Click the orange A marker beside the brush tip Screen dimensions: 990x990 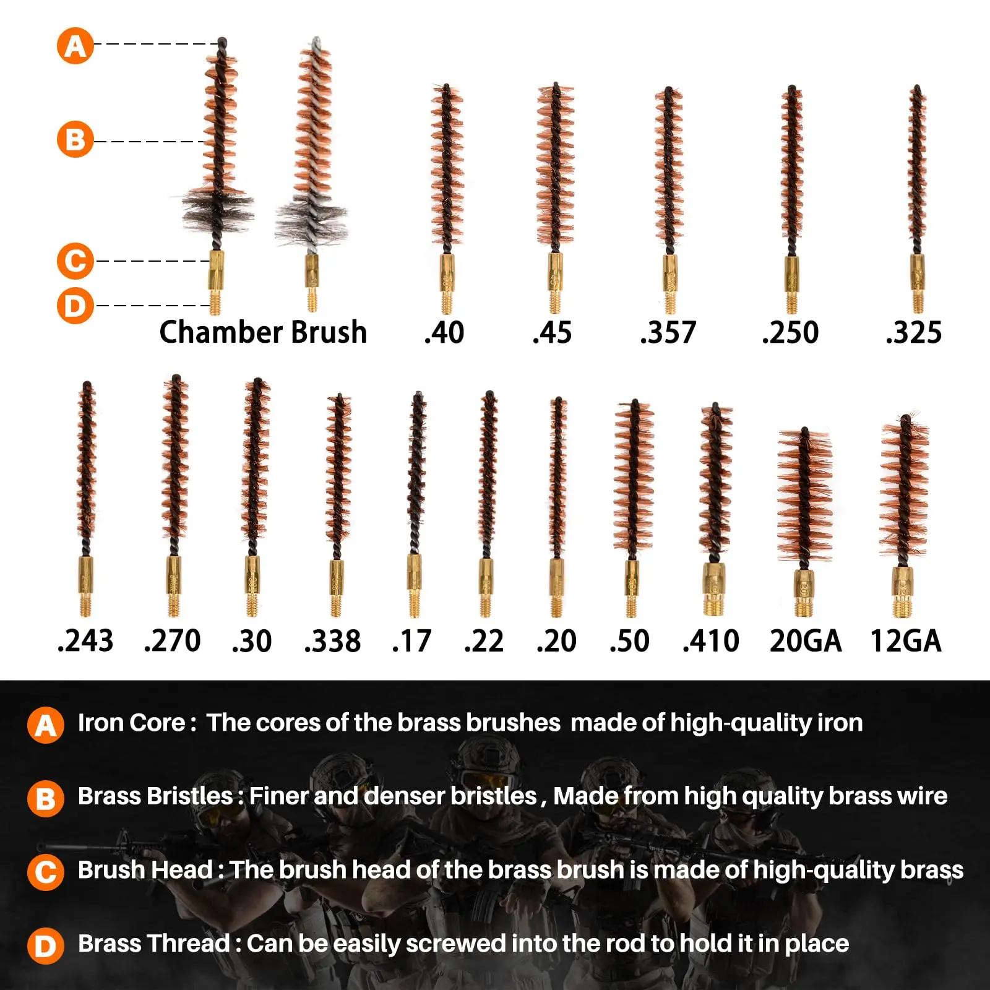[x=75, y=46]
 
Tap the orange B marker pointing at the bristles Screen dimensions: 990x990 [x=75, y=139]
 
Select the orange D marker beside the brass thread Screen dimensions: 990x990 [x=75, y=306]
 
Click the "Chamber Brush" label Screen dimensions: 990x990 [x=263, y=332]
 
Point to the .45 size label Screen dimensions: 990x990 [x=552, y=333]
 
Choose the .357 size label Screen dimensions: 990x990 [x=668, y=333]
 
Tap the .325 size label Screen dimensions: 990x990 [x=913, y=333]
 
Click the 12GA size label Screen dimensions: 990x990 [x=906, y=641]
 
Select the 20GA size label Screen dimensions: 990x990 [x=806, y=641]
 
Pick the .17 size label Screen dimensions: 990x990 [x=411, y=641]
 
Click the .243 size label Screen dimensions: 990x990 [x=85, y=641]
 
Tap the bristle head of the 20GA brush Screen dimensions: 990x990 [x=804, y=495]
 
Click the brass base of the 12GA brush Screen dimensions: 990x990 [x=903, y=592]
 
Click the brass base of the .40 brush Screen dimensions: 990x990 [x=447, y=283]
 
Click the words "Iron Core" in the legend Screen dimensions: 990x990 [x=131, y=723]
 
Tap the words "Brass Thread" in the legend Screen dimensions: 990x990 [x=154, y=944]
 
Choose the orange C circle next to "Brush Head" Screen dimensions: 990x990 [x=46, y=872]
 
